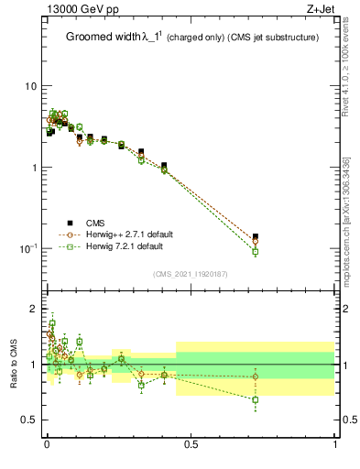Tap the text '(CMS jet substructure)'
tap(274, 38)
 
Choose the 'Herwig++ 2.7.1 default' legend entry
tap(128, 234)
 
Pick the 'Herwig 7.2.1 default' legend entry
tap(125, 246)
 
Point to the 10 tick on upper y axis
tap(31, 86)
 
